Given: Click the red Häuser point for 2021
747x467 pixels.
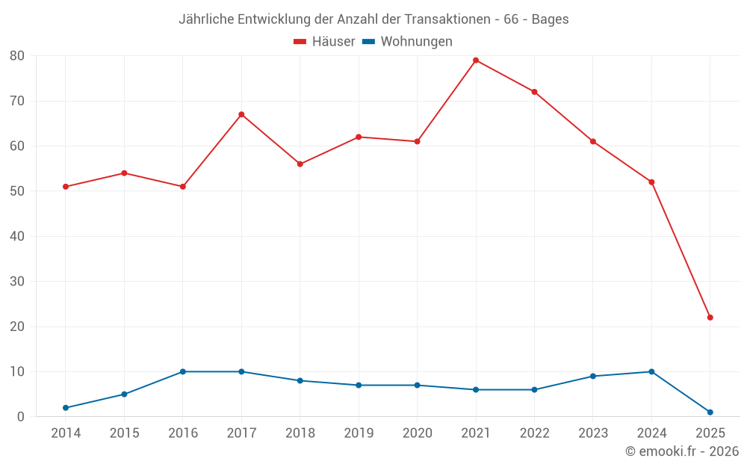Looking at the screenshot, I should (476, 61).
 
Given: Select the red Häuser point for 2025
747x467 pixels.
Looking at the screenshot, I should (710, 318).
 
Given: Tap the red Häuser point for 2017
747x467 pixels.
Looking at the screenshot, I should (241, 114).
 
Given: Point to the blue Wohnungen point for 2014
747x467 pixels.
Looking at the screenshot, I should (66, 408).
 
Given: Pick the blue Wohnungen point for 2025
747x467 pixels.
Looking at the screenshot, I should (710, 412).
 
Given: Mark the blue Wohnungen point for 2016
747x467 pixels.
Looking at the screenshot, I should (183, 371).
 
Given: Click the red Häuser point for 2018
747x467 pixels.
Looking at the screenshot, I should (300, 164).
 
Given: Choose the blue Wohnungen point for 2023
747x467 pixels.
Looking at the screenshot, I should (593, 376).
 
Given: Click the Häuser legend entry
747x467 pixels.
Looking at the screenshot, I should (324, 42).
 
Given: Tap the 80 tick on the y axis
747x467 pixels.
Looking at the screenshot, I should (17, 56).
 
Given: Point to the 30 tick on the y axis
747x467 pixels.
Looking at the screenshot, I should (17, 282).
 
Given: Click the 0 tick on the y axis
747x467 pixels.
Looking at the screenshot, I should (21, 417).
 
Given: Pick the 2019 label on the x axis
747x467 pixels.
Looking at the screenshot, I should (359, 433).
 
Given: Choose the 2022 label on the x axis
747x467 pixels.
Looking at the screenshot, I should (534, 433).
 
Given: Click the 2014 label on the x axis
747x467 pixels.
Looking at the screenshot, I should (66, 433).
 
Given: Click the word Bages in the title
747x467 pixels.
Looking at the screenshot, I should (550, 19).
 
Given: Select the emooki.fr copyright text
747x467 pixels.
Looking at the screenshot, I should (682, 451).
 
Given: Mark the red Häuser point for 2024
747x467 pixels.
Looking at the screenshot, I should (651, 182).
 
